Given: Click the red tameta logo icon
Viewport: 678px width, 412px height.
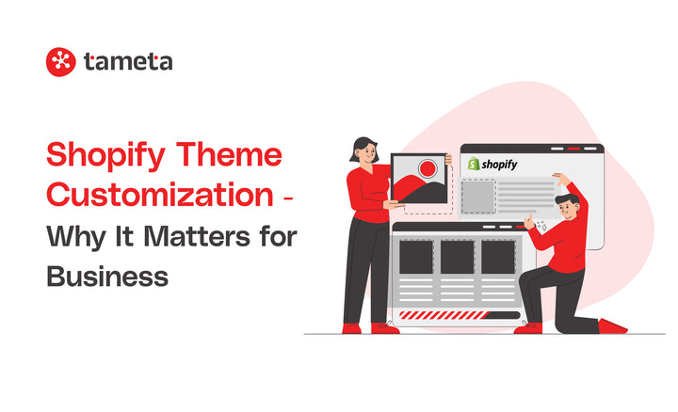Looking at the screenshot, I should pos(60,62).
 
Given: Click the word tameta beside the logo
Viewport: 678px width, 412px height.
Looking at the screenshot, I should pos(127,63).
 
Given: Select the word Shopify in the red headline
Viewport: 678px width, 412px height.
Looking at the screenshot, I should pos(102,155).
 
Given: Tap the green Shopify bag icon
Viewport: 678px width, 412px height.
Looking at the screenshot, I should pos(475,164).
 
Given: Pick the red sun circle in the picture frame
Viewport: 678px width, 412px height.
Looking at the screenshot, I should pos(429,170).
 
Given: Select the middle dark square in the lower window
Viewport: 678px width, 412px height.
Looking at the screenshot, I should pos(457,257).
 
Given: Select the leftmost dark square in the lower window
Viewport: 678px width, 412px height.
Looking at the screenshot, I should pos(415,257).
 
